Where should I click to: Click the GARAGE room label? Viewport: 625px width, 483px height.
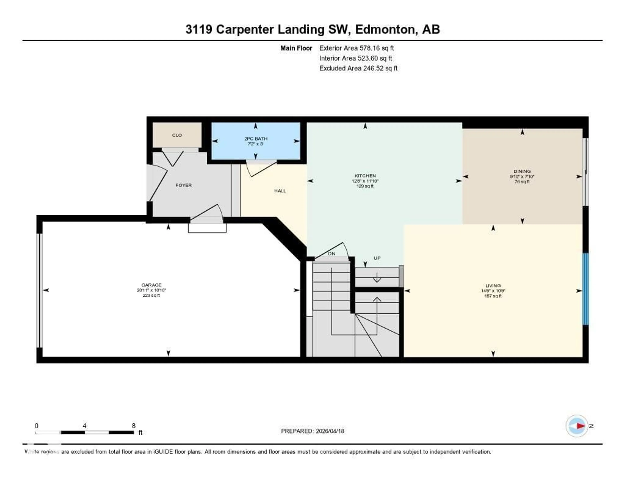151,285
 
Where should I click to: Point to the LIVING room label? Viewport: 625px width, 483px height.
493,285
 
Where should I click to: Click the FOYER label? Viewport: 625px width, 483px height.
183,185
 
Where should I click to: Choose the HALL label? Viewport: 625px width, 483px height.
280,191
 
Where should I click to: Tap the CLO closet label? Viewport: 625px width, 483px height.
177,135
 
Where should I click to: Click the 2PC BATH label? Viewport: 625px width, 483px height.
256,139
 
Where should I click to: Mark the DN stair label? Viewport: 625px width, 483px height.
331,254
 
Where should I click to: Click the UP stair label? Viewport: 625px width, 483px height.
377,258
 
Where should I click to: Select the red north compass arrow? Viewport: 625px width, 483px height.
580,426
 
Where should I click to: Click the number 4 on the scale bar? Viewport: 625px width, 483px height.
84,426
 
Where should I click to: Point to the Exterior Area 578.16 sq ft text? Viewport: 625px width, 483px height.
356,48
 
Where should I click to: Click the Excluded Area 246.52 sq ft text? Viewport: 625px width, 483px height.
358,68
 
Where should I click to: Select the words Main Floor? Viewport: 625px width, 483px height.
296,48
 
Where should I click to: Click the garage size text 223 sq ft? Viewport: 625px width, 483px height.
151,295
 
